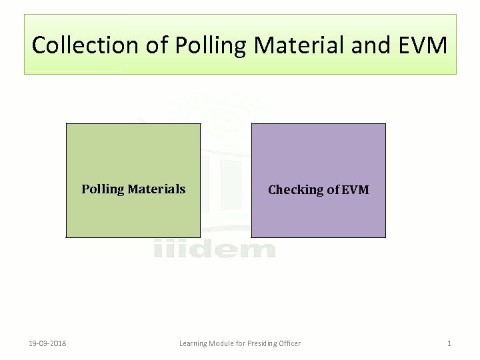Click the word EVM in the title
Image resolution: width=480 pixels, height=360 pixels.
(x=425, y=45)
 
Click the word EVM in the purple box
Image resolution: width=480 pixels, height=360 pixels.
(x=355, y=190)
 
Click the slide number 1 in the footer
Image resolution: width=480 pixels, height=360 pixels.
(x=449, y=343)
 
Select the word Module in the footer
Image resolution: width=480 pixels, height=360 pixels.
(x=224, y=343)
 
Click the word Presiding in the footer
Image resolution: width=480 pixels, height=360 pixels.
(x=265, y=343)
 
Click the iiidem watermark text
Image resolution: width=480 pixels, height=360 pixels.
(x=215, y=249)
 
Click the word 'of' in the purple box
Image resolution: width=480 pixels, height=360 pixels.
(x=333, y=190)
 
